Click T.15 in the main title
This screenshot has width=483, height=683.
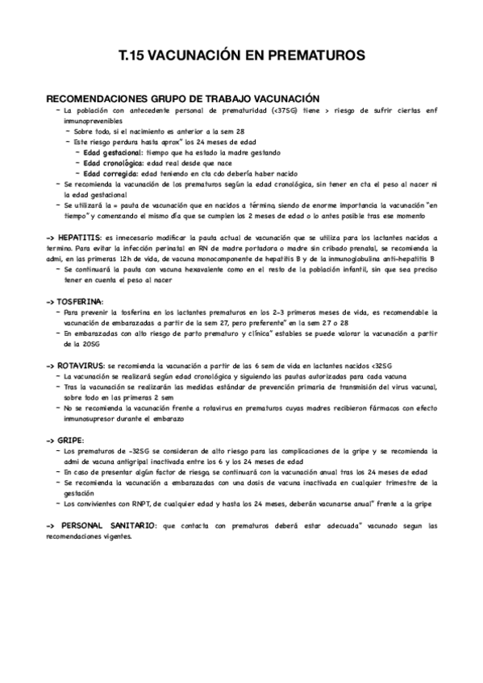134,55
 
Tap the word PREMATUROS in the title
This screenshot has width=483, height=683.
319,55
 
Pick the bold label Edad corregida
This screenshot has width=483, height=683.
110,173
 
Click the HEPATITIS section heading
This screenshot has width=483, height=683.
79,238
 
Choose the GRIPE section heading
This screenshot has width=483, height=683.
70,441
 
